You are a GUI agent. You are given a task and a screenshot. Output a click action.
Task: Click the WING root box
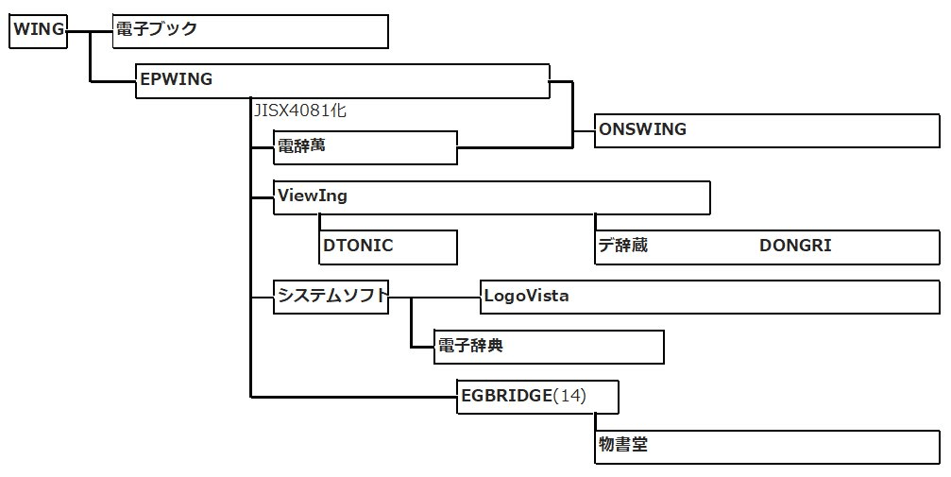38,30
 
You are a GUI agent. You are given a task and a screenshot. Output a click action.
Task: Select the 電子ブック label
156,29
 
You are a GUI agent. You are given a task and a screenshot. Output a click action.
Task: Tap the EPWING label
176,79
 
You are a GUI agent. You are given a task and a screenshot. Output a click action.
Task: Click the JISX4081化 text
299,111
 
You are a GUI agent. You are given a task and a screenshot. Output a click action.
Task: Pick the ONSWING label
642,129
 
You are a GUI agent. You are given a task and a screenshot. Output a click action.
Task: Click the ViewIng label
312,196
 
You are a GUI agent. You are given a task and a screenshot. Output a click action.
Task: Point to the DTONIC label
358,246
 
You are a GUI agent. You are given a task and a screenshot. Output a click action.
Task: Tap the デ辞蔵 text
622,246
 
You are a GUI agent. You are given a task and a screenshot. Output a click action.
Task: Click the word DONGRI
795,246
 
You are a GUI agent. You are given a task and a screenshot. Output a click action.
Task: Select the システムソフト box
331,296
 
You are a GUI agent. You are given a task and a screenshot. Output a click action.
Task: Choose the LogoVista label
526,296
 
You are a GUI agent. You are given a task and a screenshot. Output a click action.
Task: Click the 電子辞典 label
470,346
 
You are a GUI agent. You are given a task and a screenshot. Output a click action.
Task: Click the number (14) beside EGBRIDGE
569,396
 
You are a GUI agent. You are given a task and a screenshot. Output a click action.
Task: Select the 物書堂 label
623,445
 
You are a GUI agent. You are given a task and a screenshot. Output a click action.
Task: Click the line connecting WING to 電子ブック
90,30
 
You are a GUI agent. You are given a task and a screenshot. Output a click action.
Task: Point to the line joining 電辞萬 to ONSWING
515,147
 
